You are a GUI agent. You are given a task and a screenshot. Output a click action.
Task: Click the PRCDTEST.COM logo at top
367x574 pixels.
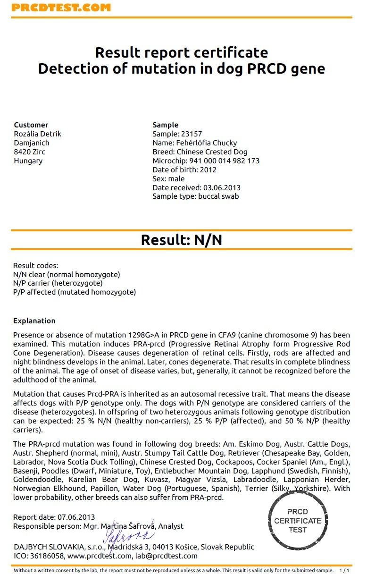pyautogui.click(x=61, y=8)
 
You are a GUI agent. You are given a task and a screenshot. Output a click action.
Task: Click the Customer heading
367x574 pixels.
pyautogui.click(x=31, y=125)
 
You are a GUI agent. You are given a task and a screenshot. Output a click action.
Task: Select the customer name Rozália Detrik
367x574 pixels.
pyautogui.click(x=38, y=134)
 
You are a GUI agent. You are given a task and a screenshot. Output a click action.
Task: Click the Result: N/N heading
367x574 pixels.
pyautogui.click(x=181, y=240)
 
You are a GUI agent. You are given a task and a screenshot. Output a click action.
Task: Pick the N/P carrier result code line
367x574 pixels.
pyautogui.click(x=58, y=283)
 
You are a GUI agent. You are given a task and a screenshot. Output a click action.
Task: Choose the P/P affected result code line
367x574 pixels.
pyautogui.click(x=74, y=292)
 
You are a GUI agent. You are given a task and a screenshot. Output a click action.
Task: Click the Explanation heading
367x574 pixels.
pyautogui.click(x=34, y=321)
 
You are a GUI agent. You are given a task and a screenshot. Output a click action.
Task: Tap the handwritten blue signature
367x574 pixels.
pyautogui.click(x=128, y=536)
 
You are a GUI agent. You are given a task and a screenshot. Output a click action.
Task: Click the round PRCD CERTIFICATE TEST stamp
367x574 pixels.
pyautogui.click(x=297, y=521)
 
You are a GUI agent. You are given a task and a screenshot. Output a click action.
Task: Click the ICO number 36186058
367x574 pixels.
pyautogui.click(x=46, y=556)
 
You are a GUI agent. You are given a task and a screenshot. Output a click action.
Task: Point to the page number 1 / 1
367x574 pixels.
pyautogui.click(x=344, y=570)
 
